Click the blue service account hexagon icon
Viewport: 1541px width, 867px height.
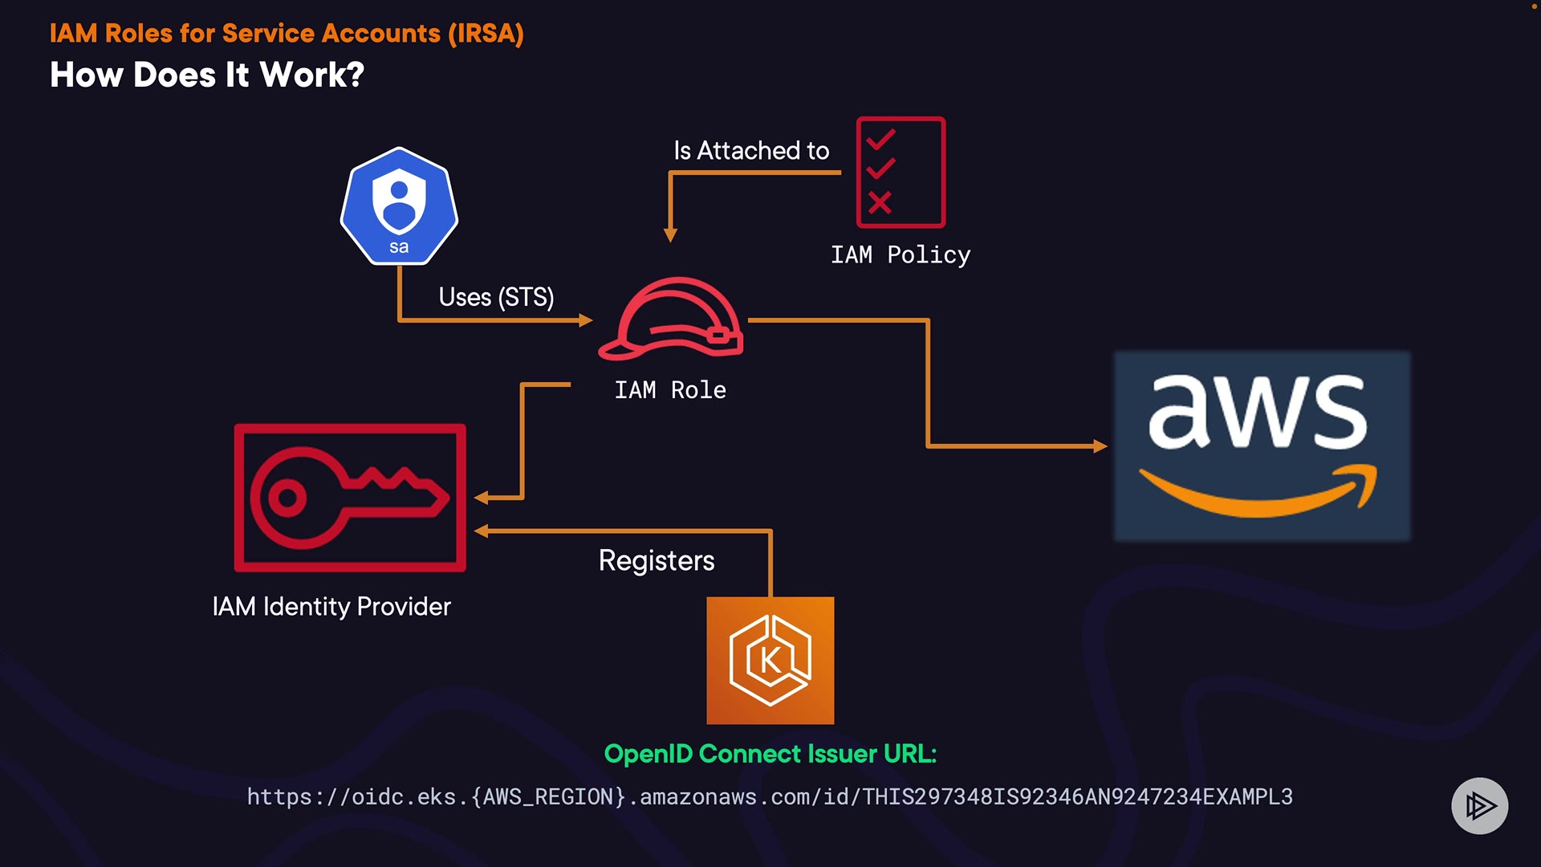[x=399, y=206]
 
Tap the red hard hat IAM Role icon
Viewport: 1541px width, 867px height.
[x=671, y=319]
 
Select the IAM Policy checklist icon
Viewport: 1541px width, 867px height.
[x=901, y=173]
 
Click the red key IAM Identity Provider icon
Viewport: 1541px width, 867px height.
[x=350, y=498]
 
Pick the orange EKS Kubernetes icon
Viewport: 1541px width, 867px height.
[x=770, y=660]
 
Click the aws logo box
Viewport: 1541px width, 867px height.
[x=1261, y=446]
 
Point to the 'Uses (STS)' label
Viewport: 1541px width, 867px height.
[x=496, y=297]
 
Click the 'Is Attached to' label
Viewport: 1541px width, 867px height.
[x=751, y=151]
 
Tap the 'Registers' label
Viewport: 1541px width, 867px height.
[x=657, y=560]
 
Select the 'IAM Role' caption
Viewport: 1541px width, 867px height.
[x=670, y=390]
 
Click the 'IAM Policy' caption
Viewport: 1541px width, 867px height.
[x=901, y=255]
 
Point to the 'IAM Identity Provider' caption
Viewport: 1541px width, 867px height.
[x=331, y=606]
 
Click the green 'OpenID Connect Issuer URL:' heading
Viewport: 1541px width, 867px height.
[x=770, y=754]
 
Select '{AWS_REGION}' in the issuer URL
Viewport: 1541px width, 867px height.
[x=548, y=796]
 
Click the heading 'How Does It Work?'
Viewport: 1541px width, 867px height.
[x=207, y=75]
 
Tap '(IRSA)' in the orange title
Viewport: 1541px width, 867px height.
[x=486, y=34]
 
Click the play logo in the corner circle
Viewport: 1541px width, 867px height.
[x=1479, y=806]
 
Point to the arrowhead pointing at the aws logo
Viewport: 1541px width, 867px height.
[x=1100, y=446]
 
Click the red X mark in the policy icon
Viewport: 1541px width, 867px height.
[x=880, y=202]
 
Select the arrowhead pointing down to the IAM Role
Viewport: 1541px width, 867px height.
[x=670, y=235]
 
